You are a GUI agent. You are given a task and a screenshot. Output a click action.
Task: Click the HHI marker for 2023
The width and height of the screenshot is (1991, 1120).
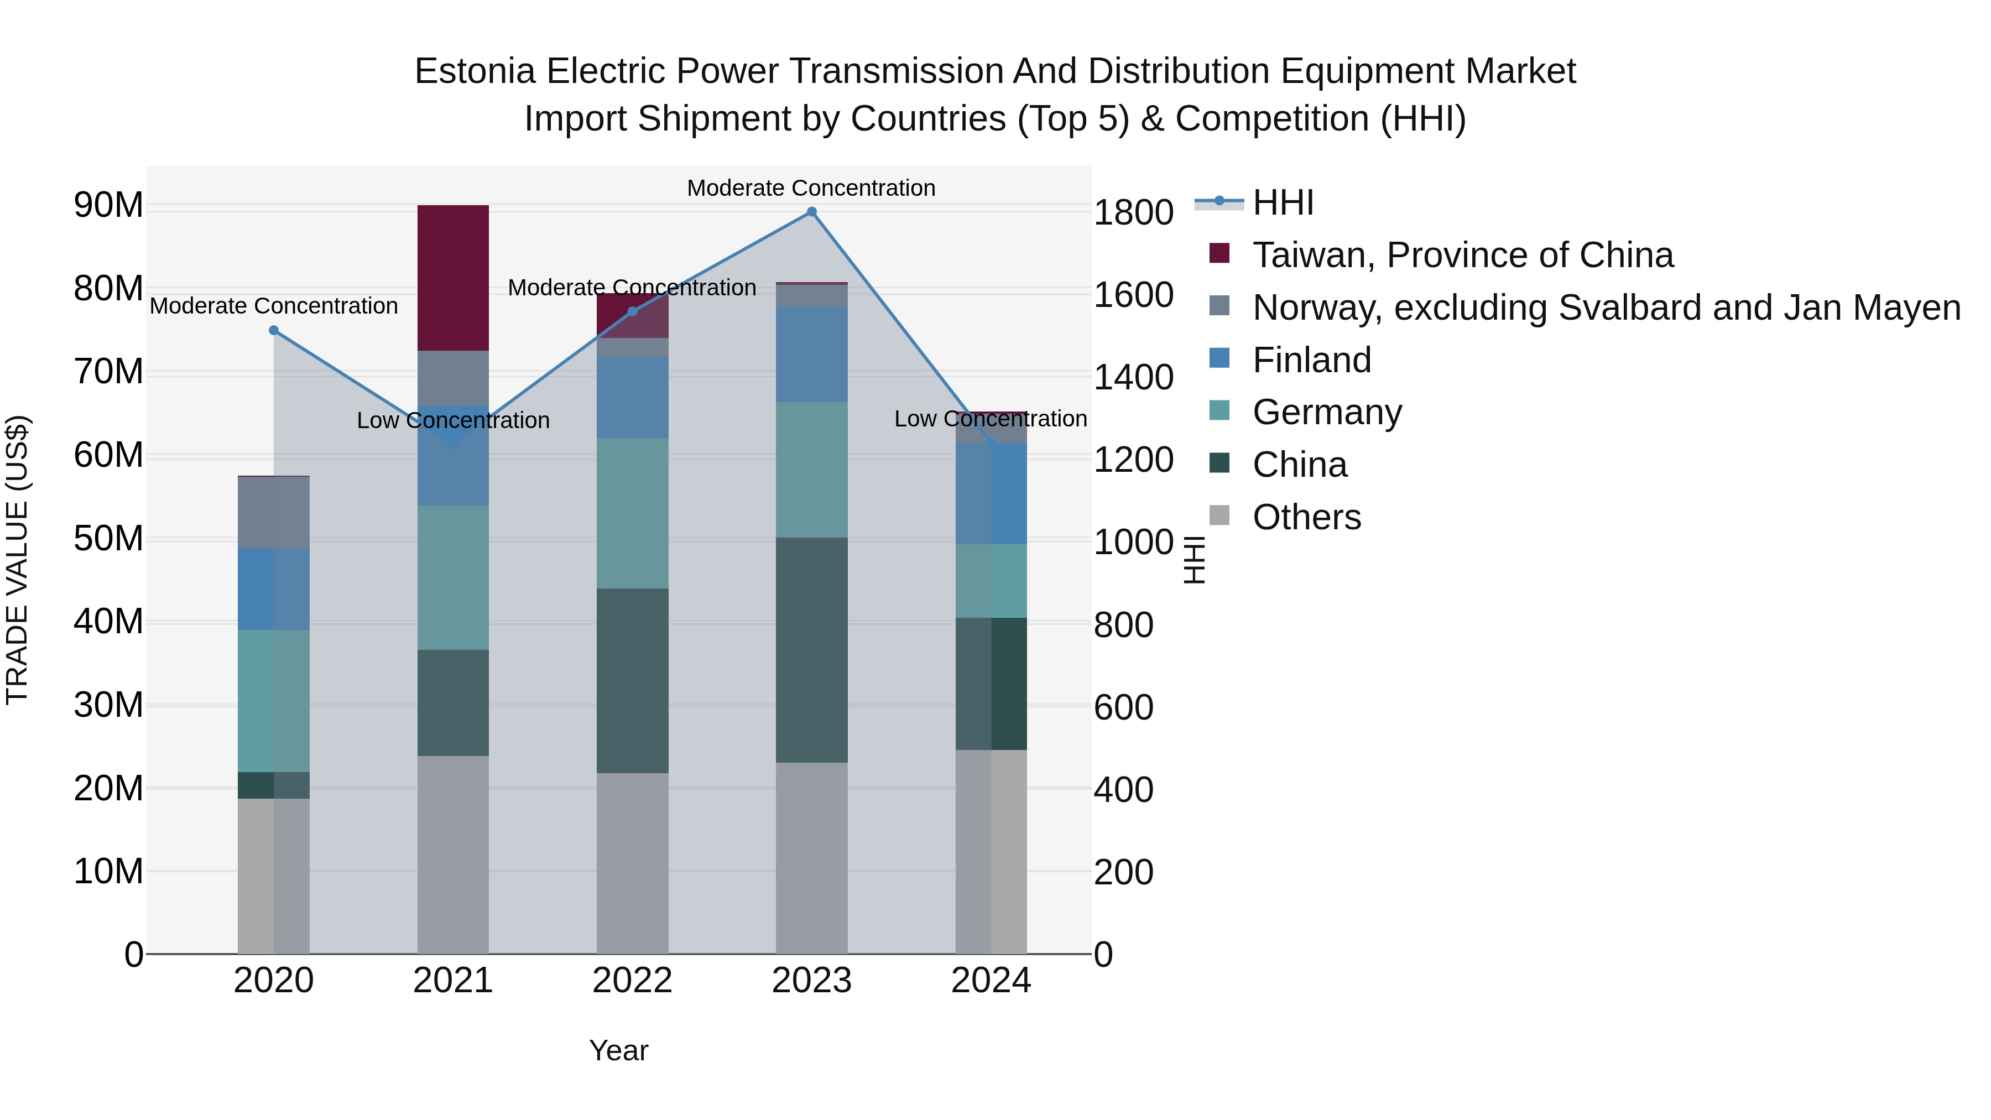811,212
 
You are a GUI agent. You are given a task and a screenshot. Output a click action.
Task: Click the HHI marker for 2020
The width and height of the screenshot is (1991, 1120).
274,330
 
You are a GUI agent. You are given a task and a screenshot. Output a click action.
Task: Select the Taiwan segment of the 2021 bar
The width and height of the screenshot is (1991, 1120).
453,278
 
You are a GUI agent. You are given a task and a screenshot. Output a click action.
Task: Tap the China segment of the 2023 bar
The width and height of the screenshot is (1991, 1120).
811,650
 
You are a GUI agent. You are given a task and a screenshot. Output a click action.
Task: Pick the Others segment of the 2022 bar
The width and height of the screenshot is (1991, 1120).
632,863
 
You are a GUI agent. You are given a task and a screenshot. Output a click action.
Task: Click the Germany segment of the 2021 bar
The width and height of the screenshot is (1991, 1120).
453,577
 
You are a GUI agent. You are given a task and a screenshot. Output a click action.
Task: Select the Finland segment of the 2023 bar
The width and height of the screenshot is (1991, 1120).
811,354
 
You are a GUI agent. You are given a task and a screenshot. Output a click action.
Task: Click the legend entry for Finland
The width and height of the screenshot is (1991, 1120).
1312,360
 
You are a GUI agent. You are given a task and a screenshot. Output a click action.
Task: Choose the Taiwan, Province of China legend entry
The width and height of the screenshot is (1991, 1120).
1462,255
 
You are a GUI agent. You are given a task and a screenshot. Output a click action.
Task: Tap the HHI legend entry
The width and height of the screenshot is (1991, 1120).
1283,202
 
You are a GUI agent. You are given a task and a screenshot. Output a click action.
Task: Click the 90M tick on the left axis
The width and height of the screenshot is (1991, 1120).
108,206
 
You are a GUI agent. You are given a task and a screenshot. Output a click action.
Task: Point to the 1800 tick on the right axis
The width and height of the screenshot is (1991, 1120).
1133,212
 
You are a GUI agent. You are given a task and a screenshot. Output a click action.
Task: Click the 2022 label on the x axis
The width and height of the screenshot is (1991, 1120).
632,981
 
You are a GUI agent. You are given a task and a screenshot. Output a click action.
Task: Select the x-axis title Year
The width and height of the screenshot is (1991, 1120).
618,1050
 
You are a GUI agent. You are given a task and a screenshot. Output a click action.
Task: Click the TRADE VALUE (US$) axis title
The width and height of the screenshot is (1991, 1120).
17,560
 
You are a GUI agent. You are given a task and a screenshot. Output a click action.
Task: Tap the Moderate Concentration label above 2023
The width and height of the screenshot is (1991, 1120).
811,188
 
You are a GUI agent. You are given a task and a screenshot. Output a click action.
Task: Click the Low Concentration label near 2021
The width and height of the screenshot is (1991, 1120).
453,420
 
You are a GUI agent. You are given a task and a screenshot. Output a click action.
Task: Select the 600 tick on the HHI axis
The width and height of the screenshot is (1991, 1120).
1123,707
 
